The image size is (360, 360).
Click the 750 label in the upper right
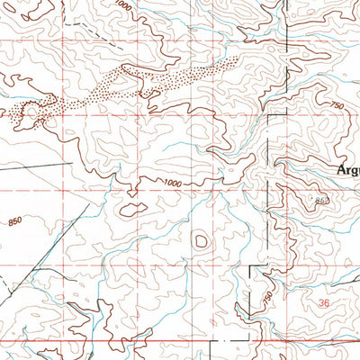click(337, 106)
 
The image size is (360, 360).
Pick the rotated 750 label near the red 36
click(268, 296)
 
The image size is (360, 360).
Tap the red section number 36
click(323, 303)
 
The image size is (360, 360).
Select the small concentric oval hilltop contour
click(200, 240)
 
